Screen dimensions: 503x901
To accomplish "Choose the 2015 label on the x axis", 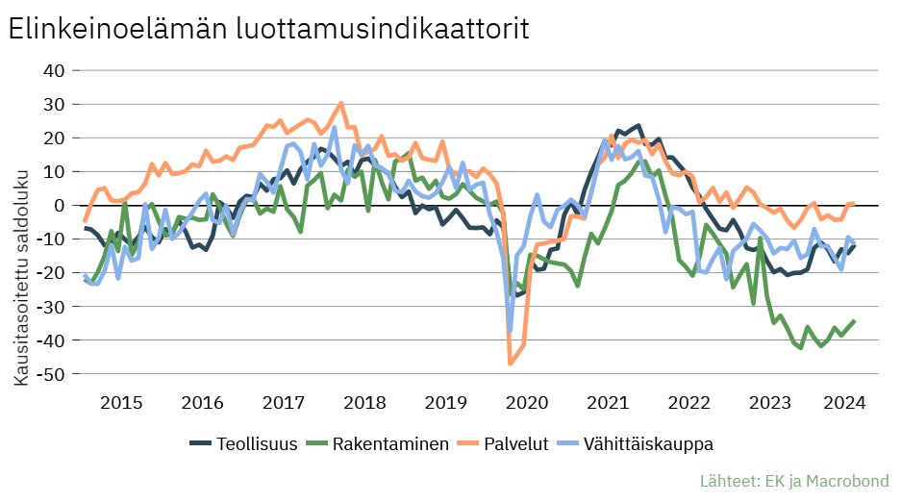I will coord(114,401).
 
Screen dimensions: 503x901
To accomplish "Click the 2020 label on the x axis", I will coord(526,401).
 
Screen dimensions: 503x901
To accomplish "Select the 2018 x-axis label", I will coord(362,401).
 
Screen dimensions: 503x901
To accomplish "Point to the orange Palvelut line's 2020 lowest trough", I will coord(510,364).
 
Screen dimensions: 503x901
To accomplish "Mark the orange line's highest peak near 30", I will coord(341,103).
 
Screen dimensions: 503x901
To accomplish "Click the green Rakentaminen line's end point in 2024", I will coord(854,321).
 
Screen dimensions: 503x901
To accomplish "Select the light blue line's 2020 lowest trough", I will coord(510,330).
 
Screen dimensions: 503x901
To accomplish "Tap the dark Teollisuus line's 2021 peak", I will coord(638,126).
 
